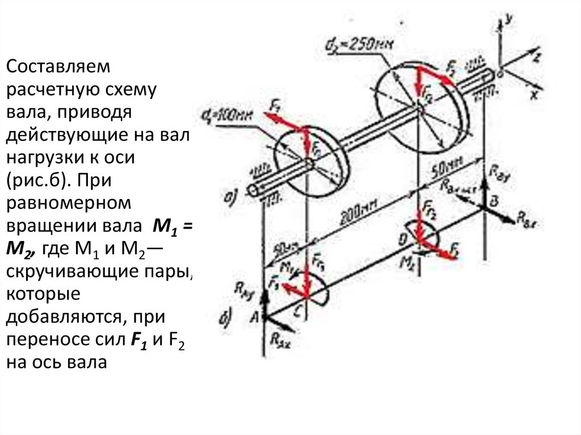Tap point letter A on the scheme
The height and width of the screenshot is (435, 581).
(x=254, y=318)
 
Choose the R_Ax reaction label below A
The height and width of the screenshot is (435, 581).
(x=283, y=340)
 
